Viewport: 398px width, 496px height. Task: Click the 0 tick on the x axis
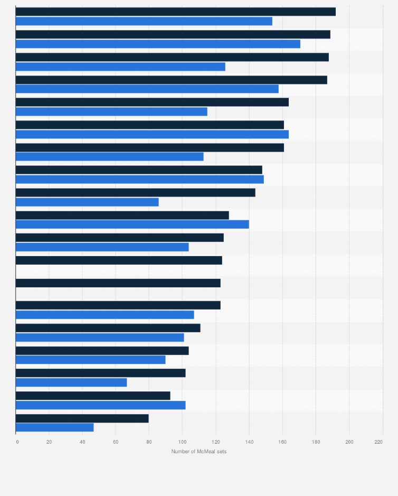[x=17, y=441]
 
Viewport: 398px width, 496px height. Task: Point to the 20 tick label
[x=49, y=441]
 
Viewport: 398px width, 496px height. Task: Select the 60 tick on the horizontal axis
[x=116, y=441]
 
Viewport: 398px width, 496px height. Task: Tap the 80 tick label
[x=149, y=441]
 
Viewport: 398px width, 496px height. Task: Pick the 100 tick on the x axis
[x=182, y=441]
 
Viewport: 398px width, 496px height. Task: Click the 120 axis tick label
[x=215, y=441]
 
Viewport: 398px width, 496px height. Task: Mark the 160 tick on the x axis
[x=282, y=441]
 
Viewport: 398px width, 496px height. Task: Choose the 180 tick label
[x=316, y=441]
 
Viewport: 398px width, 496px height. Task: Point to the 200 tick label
[x=349, y=441]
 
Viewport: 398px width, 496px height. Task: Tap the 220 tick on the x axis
[x=378, y=441]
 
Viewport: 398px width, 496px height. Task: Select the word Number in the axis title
[x=181, y=451]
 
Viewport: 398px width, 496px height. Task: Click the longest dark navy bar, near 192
[x=175, y=12]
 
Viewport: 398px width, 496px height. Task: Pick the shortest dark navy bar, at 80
[x=82, y=418]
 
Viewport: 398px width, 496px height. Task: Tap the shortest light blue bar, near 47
[x=54, y=427]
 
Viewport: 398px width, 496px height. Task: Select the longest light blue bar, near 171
[x=158, y=44]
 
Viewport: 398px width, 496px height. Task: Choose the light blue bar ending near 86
[x=87, y=202]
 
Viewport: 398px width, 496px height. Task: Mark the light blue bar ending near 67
[x=71, y=382]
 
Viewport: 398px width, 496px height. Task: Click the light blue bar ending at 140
[x=132, y=224]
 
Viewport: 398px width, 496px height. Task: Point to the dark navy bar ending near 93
[x=93, y=396]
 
